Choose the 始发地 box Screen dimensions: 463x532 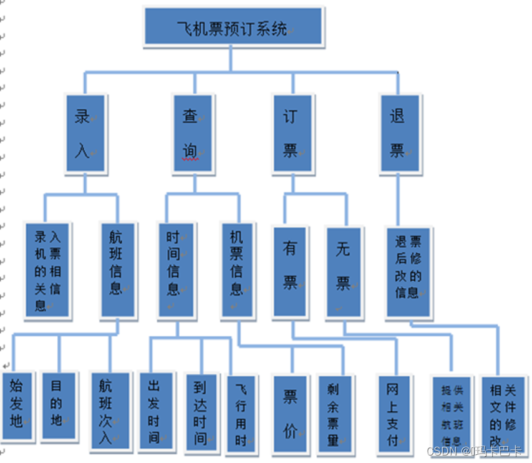pyautogui.click(x=17, y=407)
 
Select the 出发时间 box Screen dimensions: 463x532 pyautogui.click(x=155, y=410)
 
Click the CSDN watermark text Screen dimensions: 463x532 pyautogui.click(x=474, y=451)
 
